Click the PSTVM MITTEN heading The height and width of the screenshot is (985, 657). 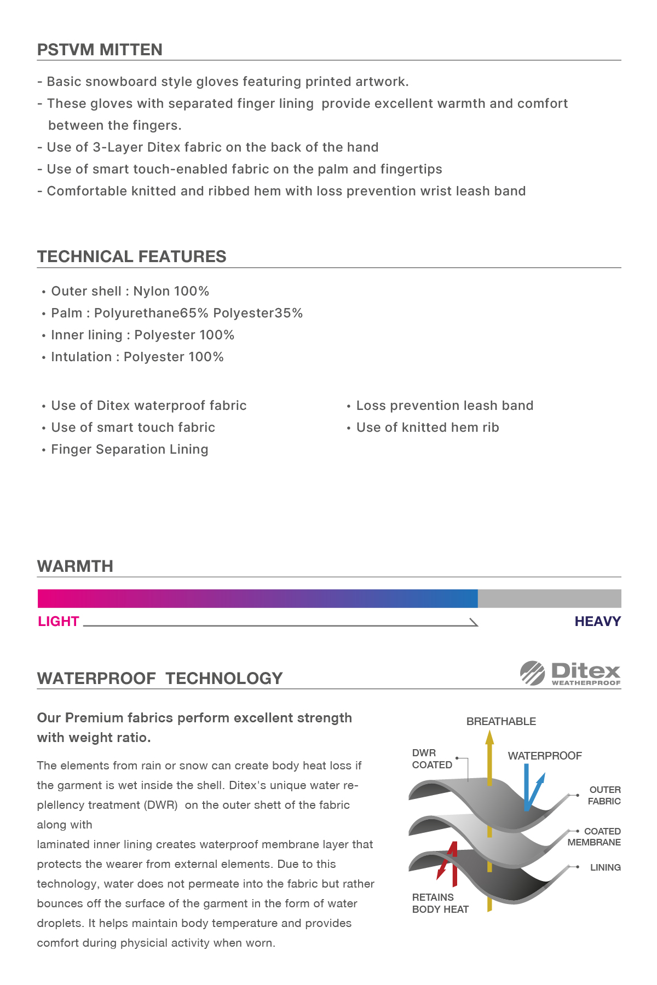click(100, 50)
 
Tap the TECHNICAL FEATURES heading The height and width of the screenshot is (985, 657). click(131, 257)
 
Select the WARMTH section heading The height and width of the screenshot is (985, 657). click(75, 566)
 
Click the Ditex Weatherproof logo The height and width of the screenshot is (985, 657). click(570, 673)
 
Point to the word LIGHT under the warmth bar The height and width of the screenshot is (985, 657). click(59, 622)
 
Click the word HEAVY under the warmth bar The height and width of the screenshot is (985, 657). click(597, 622)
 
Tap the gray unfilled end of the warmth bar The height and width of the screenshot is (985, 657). click(549, 599)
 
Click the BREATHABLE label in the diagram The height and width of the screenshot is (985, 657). click(501, 722)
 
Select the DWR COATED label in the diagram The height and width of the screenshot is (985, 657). click(432, 759)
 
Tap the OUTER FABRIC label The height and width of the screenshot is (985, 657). click(604, 796)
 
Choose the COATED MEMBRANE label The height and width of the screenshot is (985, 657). click(595, 837)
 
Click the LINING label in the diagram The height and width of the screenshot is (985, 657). click(605, 867)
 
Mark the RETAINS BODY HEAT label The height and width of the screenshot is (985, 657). click(440, 903)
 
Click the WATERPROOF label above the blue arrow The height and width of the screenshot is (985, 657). click(545, 756)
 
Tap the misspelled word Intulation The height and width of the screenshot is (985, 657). click(81, 357)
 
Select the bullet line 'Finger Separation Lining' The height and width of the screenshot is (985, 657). click(129, 450)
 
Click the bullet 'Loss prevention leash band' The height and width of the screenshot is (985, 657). click(445, 406)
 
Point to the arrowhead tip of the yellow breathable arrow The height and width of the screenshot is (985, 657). click(489, 732)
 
